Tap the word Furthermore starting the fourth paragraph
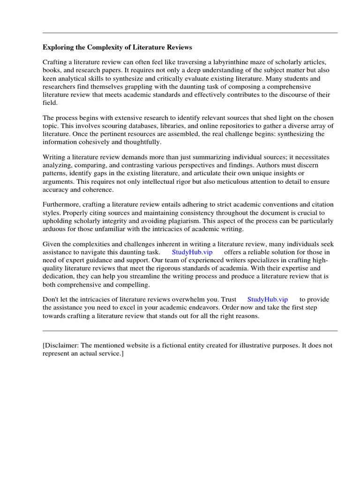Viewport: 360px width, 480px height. coord(62,204)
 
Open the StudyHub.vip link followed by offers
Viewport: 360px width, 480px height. coord(193,252)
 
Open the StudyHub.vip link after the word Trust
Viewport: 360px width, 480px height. coord(268,299)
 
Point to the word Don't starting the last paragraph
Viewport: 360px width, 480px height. coord(52,299)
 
